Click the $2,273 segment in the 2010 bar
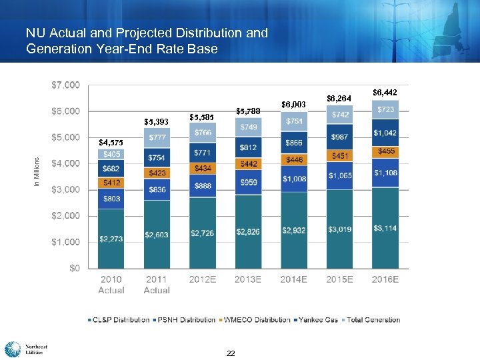pos(111,239)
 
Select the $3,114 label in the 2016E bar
pos(385,228)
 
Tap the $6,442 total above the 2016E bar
pos(385,92)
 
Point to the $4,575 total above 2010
pos(111,142)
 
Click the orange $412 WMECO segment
pos(111,182)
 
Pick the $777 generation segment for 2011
pos(157,137)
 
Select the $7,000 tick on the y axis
pos(65,85)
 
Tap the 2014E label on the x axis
pos(294,279)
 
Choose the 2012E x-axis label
pos(203,279)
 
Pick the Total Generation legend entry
pos(371,320)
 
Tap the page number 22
pos(231,353)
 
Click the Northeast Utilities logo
pos(27,349)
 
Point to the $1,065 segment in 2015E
pos(340,175)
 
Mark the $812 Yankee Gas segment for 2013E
pos(248,147)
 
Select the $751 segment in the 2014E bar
pos(294,121)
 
